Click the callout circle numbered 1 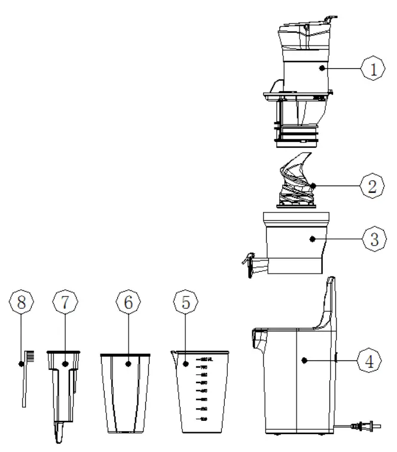(373, 68)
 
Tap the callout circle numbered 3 (373, 239)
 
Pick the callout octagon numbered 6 (127, 303)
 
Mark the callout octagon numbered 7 (65, 303)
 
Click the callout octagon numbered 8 (21, 303)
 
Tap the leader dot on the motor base (304, 360)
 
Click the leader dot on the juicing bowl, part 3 (312, 239)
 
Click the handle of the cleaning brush (24, 389)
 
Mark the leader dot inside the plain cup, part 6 (127, 362)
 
